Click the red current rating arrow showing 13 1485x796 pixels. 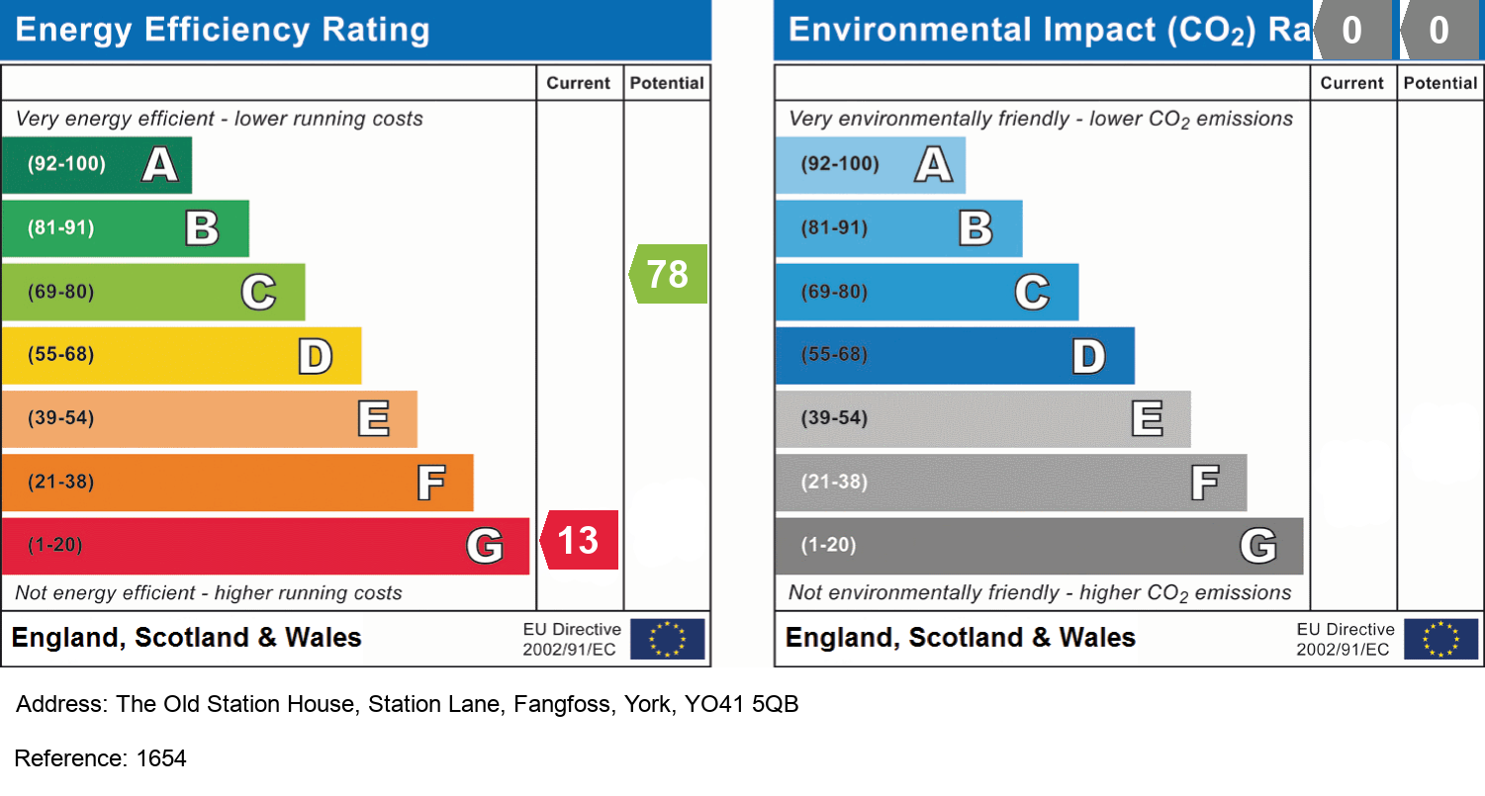[579, 541]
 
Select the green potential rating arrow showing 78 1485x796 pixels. [668, 274]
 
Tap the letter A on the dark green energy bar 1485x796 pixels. [160, 164]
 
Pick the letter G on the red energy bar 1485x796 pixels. [485, 546]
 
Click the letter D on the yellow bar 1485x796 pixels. [316, 356]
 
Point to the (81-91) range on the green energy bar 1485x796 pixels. [60, 228]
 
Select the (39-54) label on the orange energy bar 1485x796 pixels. [60, 418]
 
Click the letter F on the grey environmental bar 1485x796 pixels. [1204, 483]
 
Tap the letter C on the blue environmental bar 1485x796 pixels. [1032, 293]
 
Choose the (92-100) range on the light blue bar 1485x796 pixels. [840, 164]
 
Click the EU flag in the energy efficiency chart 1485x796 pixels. [667, 639]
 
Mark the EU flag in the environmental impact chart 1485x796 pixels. [1440, 639]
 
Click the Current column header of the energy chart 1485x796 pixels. [579, 83]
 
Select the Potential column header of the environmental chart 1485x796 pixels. [1440, 83]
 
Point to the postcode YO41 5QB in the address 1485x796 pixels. [742, 705]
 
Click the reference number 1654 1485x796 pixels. [161, 758]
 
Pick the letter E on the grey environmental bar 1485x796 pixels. [1148, 419]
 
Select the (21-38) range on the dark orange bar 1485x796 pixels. [60, 483]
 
